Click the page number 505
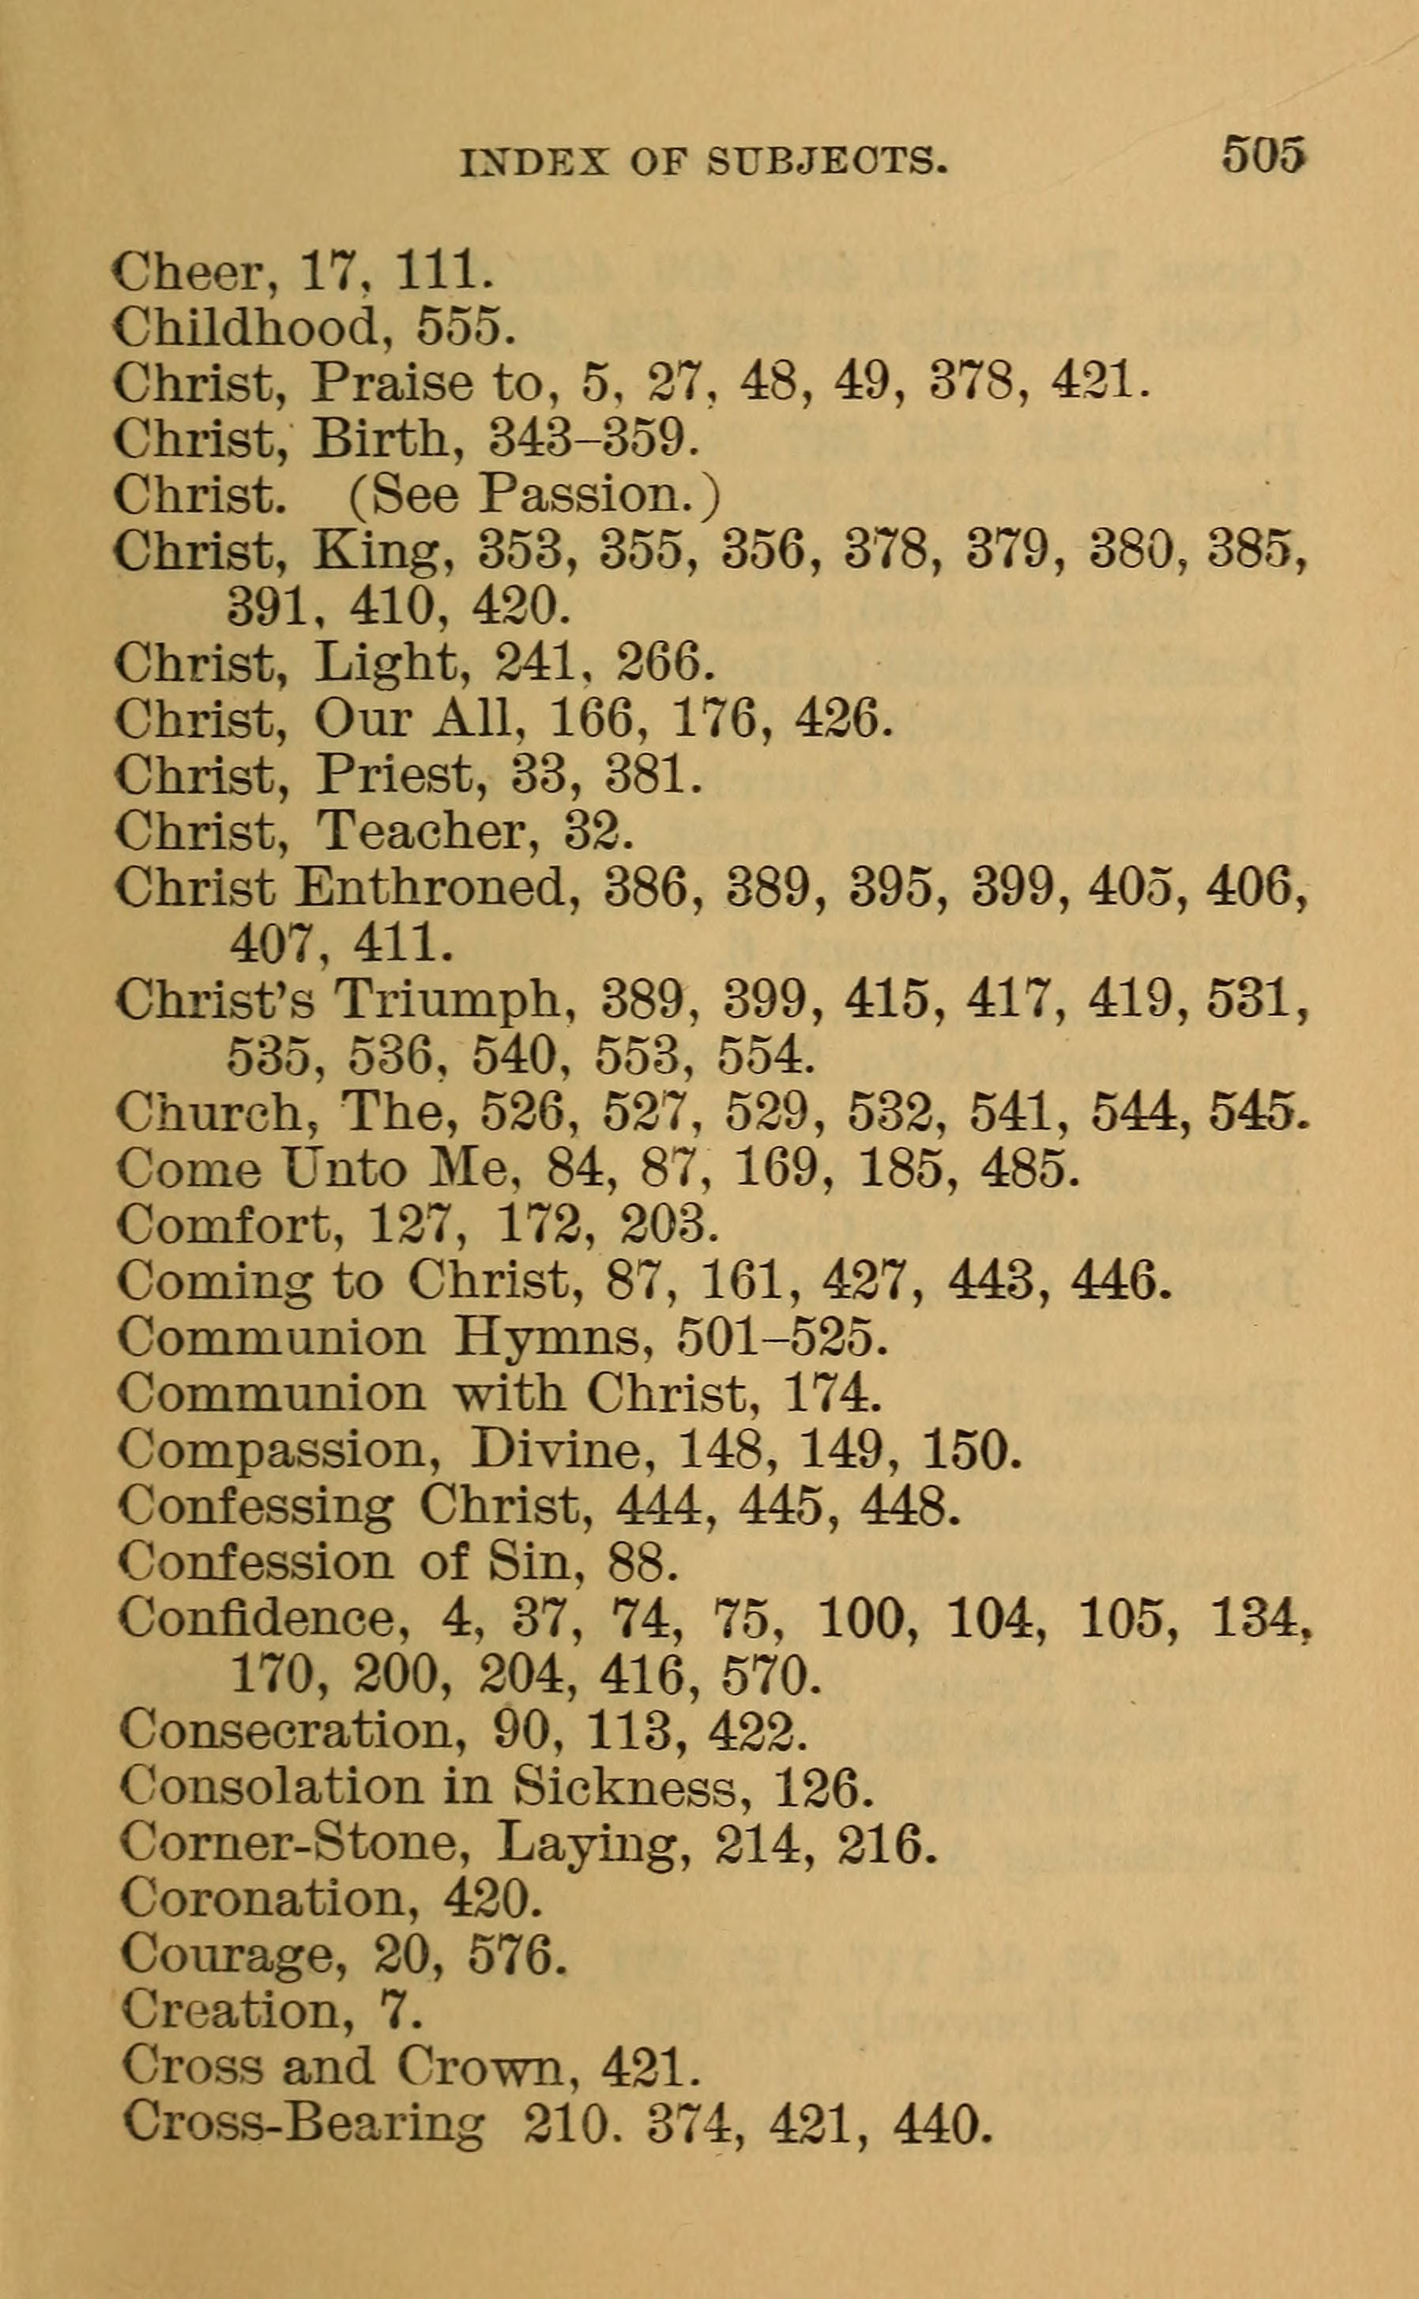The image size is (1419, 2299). pyautogui.click(x=1263, y=154)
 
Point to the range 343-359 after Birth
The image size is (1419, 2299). pyautogui.click(x=594, y=438)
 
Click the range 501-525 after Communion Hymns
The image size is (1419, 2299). pyautogui.click(x=781, y=1338)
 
